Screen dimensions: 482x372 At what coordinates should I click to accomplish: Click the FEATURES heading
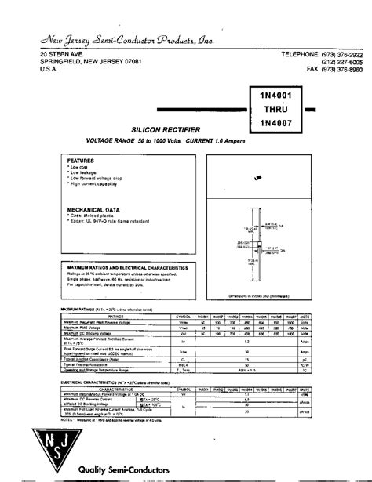(81, 160)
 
